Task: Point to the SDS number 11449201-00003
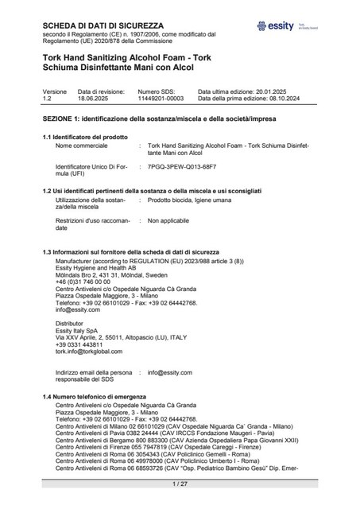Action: [161, 98]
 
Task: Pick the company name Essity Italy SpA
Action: [82, 332]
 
